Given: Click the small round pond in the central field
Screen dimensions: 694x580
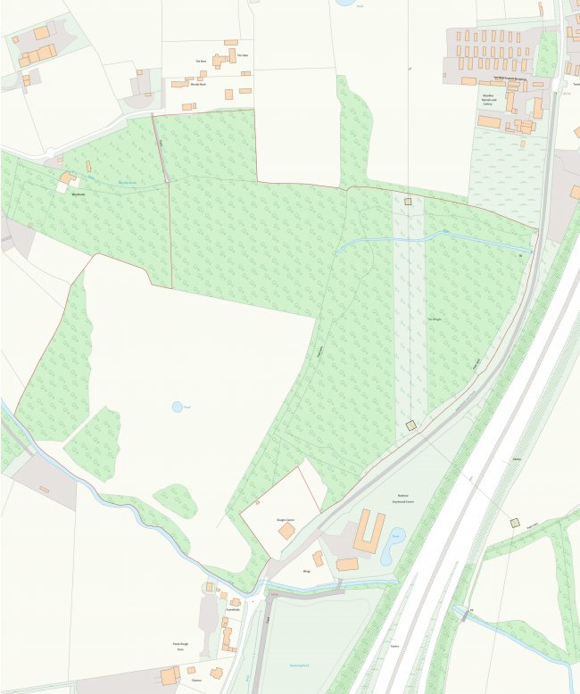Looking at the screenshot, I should coord(177,407).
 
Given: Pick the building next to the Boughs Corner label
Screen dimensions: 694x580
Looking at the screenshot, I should coord(286,531).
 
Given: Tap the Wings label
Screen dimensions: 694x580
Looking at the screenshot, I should coord(306,571).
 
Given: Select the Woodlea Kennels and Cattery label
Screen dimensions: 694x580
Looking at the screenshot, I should coord(489,97).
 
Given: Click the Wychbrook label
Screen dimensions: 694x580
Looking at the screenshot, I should coord(71,193).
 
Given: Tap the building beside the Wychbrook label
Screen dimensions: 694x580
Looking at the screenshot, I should coord(66,178).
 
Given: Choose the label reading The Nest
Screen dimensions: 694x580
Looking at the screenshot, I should coord(201,62).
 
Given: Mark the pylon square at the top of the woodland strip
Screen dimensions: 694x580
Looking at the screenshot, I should coord(408,202).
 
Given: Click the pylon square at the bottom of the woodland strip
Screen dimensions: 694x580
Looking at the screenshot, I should coord(410,425).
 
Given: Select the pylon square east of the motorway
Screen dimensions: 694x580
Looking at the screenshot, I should coord(514,523).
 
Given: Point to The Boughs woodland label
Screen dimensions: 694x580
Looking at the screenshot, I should coord(435,319).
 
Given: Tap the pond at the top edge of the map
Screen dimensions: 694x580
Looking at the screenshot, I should coord(344,3).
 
